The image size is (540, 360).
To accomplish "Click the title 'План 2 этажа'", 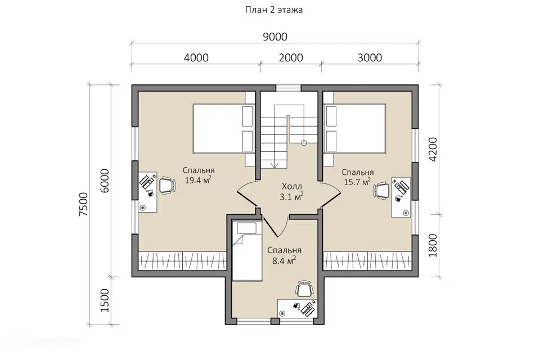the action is click(x=274, y=10).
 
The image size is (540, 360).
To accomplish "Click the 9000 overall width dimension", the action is click(x=275, y=37).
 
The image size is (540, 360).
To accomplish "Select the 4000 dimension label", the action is click(x=196, y=57).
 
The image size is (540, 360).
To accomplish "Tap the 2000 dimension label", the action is click(x=291, y=57).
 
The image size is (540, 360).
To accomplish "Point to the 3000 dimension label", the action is click(x=370, y=57).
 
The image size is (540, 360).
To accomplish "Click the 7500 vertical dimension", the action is click(x=84, y=204).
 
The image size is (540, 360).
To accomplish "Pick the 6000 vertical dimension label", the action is click(x=105, y=181).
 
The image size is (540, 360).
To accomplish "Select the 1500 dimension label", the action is click(x=105, y=300).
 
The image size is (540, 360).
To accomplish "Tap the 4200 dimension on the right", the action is click(x=433, y=149).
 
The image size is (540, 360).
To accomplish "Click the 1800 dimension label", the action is click(x=433, y=246).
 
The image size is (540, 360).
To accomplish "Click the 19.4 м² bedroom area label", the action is click(x=198, y=180).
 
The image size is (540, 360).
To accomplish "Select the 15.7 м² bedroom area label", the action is click(x=357, y=181).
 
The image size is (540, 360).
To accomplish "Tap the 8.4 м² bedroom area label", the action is click(x=283, y=260).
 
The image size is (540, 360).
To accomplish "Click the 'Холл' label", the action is click(x=292, y=187).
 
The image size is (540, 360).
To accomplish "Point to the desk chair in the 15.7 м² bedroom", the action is click(x=381, y=191).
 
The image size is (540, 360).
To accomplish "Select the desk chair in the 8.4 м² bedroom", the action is click(x=304, y=289).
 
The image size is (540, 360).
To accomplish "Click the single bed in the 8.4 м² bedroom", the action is click(x=246, y=250).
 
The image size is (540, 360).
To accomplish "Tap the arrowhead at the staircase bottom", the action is click(x=274, y=165).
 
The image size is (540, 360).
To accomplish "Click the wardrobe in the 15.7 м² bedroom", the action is click(x=367, y=260).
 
